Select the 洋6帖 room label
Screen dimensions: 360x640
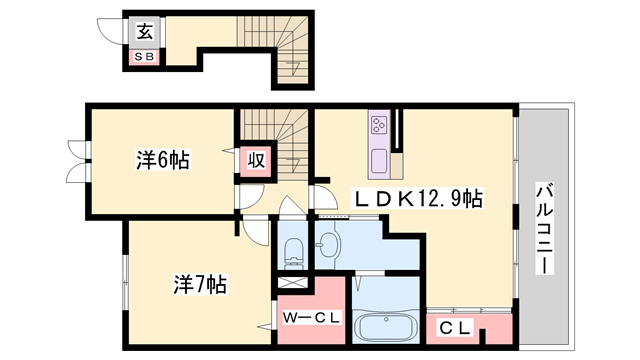coord(162,159)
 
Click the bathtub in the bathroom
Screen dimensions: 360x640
coord(385,328)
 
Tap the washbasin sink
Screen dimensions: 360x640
coord(329,242)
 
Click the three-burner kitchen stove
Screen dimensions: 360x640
coord(380,126)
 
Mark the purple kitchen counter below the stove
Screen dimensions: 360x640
coord(380,160)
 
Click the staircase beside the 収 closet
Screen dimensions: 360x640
coord(288,140)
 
